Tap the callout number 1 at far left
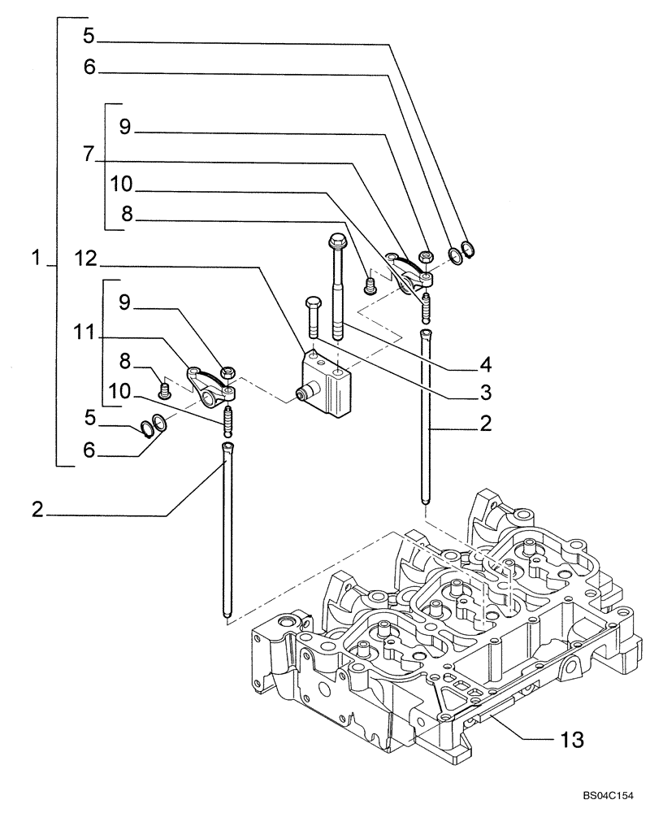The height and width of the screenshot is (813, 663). click(x=36, y=259)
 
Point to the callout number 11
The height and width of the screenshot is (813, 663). click(x=86, y=333)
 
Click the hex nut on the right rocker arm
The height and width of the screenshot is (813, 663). click(x=424, y=259)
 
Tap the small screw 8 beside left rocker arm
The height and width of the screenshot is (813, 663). click(x=166, y=391)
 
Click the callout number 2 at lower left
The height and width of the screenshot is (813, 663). click(x=36, y=511)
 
